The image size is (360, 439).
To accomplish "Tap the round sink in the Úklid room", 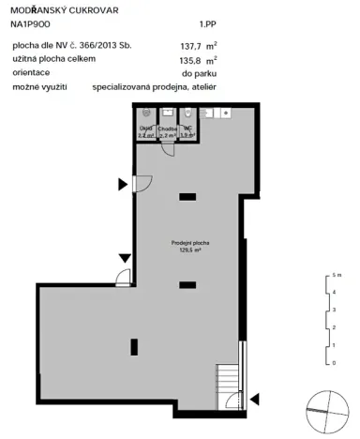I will (144, 115).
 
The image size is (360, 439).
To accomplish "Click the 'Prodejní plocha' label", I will (190, 243).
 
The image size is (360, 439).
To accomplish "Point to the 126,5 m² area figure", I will (190, 250).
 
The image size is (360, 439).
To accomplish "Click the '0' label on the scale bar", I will (334, 360).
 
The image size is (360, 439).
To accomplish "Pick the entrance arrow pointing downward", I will (125, 257).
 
